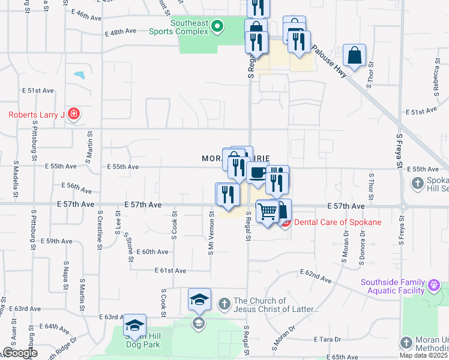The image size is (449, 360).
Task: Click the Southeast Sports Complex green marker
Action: tap(218, 26)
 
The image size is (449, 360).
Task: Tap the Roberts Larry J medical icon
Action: tap(74, 114)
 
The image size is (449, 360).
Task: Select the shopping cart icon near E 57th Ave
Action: tap(267, 211)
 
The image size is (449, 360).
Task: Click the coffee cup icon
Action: tap(258, 173)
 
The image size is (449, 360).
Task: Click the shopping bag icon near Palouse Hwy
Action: tap(355, 55)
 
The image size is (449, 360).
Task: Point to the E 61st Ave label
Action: tap(170, 271)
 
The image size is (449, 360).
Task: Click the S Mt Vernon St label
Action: tap(211, 233)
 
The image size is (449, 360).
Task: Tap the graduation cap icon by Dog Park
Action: tap(135, 326)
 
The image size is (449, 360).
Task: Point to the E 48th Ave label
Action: tap(118, 34)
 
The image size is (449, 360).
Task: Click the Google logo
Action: tap(19, 353)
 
